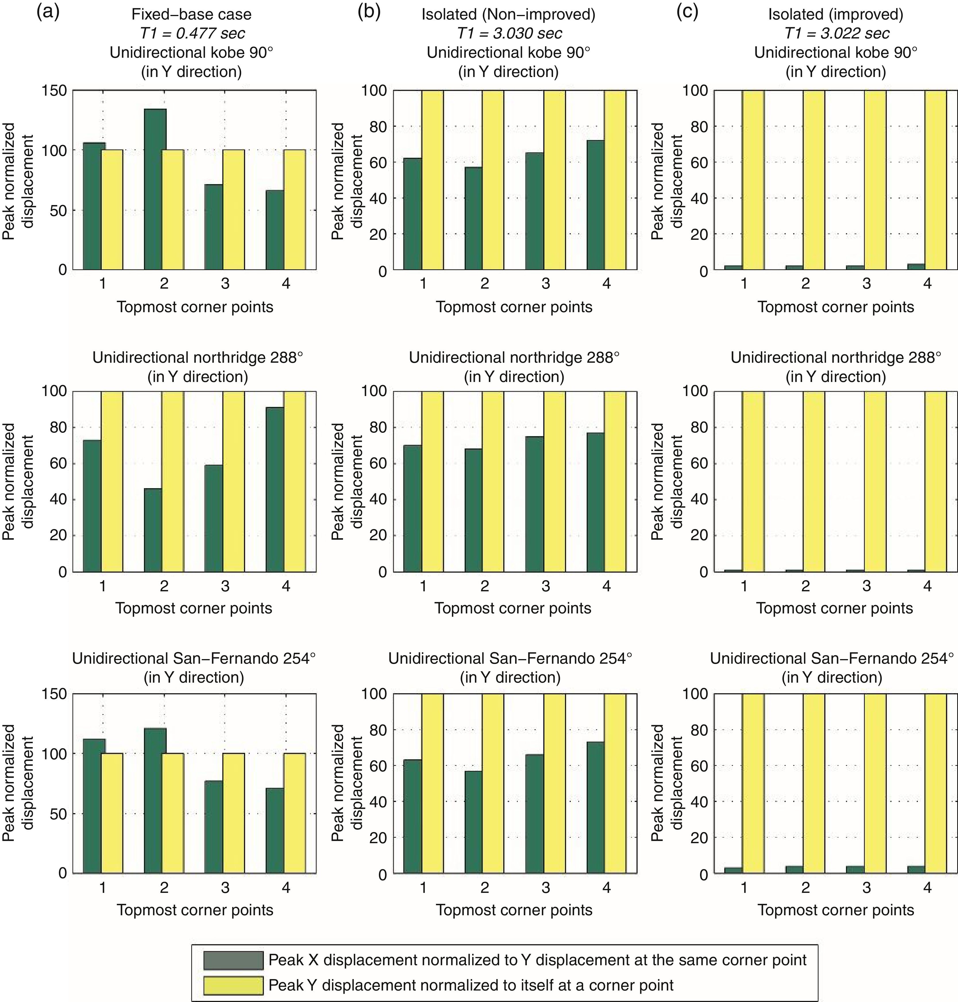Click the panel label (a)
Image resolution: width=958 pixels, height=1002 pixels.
click(x=48, y=12)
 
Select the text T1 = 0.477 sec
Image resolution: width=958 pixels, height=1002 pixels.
click(x=192, y=34)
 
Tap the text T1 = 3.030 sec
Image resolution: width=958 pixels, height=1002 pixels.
click(x=509, y=34)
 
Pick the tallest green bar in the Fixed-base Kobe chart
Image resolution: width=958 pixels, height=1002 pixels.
click(x=155, y=189)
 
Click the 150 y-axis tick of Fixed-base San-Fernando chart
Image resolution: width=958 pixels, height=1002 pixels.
click(x=56, y=694)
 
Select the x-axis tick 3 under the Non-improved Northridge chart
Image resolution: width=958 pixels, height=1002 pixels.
click(x=545, y=586)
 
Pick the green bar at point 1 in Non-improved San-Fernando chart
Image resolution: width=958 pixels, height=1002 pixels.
click(x=413, y=817)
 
